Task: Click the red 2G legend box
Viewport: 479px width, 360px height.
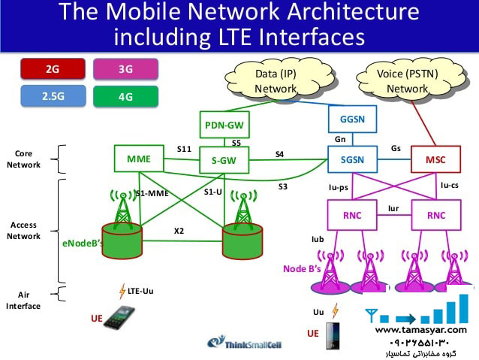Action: pyautogui.click(x=53, y=70)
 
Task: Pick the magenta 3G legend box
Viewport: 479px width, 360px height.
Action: pyautogui.click(x=126, y=70)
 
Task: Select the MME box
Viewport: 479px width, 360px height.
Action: pyautogui.click(x=140, y=159)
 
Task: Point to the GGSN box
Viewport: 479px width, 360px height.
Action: pyautogui.click(x=351, y=119)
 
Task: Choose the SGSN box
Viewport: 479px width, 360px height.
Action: pyautogui.click(x=351, y=159)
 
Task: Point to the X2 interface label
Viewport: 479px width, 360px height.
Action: pyautogui.click(x=179, y=231)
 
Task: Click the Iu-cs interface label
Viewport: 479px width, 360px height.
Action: pyautogui.click(x=449, y=184)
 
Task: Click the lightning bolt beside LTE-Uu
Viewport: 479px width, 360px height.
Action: pyautogui.click(x=122, y=290)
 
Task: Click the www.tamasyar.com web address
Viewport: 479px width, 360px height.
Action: pyautogui.click(x=420, y=329)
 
